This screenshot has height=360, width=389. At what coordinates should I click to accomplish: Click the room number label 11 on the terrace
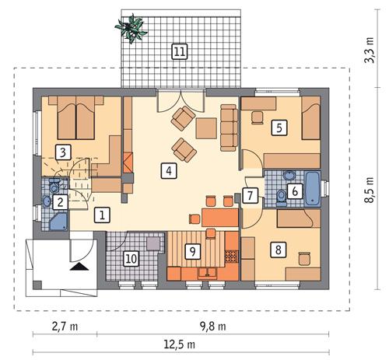180,52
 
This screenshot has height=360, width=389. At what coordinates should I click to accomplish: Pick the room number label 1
102,215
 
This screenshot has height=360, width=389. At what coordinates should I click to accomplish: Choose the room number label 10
131,257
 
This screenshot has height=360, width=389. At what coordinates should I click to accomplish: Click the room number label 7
250,195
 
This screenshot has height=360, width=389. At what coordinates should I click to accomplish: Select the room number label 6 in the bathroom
293,190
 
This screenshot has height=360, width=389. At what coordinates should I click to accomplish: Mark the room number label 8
277,250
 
